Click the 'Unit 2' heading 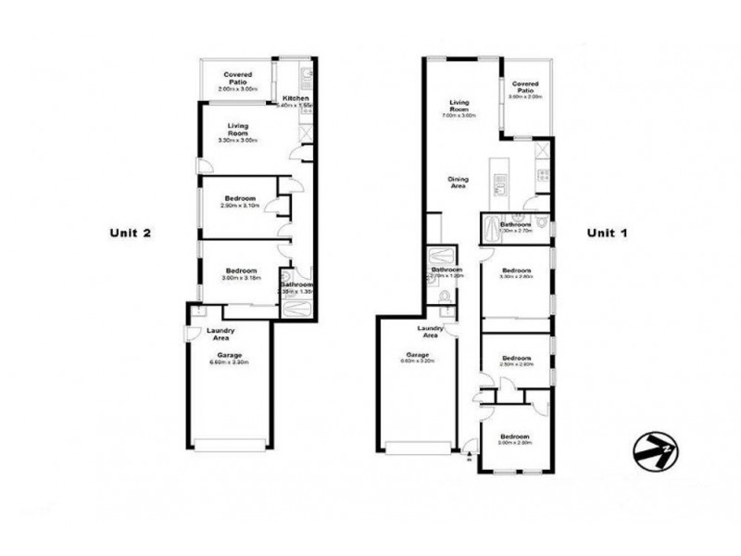click(x=131, y=233)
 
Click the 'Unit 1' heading click(x=608, y=233)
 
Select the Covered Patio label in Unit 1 click(x=525, y=86)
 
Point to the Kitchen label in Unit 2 click(x=295, y=99)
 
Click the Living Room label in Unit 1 click(x=461, y=105)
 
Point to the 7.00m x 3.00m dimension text click(x=461, y=116)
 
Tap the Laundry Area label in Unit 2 click(x=220, y=334)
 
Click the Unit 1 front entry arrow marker click(x=469, y=455)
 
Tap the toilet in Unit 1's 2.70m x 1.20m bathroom click(x=446, y=297)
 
